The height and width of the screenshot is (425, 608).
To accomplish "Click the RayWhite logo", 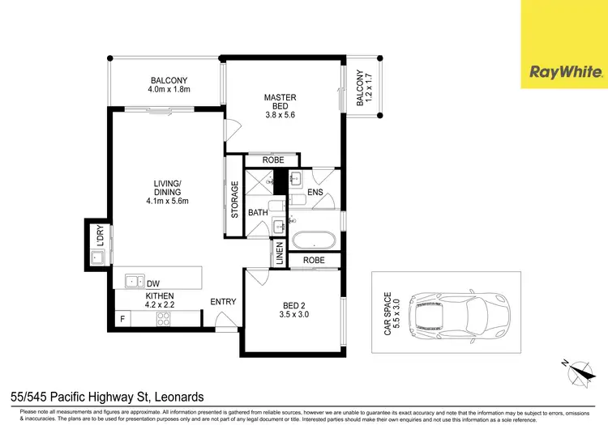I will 566,72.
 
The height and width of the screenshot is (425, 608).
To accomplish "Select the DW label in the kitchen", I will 153,283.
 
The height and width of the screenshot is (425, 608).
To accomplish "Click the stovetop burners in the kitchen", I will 163,318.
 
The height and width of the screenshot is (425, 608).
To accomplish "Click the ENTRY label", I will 223,302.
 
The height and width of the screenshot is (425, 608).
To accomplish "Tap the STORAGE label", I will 235,199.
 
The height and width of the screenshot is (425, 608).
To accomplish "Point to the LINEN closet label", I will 279,253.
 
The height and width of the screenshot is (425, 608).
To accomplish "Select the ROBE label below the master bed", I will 273,160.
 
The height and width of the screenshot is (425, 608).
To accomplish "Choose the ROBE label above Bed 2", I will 315,261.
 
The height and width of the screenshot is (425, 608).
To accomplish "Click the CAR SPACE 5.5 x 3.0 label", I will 392,313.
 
